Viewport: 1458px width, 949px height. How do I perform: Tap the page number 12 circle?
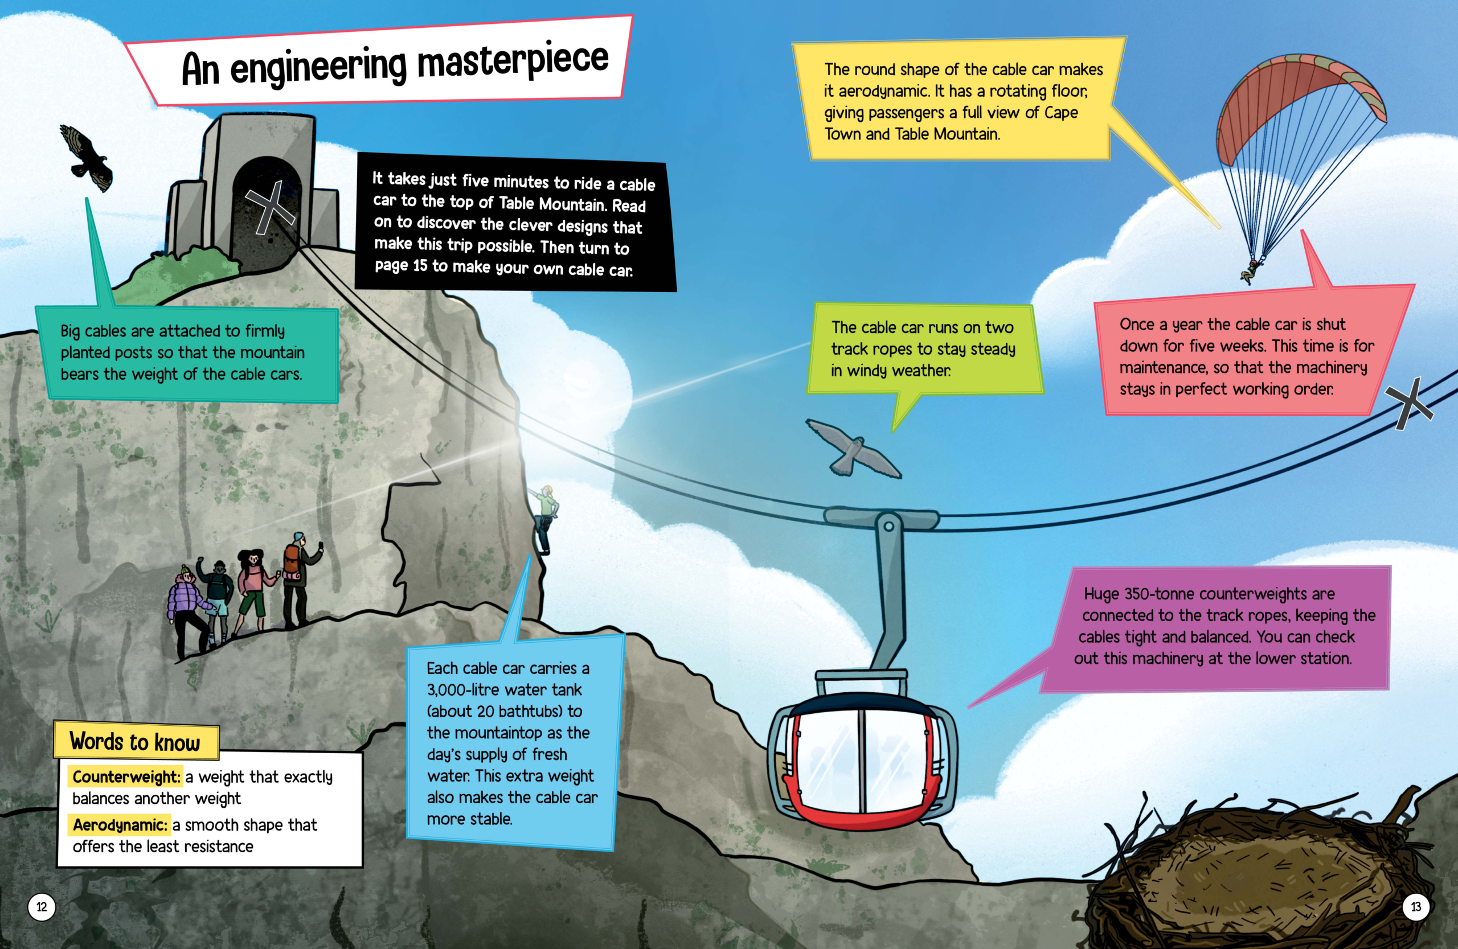click(42, 907)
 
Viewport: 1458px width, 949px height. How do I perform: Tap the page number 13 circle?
click(1416, 907)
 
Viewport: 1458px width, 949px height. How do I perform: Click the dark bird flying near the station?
click(87, 157)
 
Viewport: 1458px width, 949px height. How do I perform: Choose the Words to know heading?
click(136, 741)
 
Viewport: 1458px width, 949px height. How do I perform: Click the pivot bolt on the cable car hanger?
click(888, 526)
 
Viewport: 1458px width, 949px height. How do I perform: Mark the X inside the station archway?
click(270, 208)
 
